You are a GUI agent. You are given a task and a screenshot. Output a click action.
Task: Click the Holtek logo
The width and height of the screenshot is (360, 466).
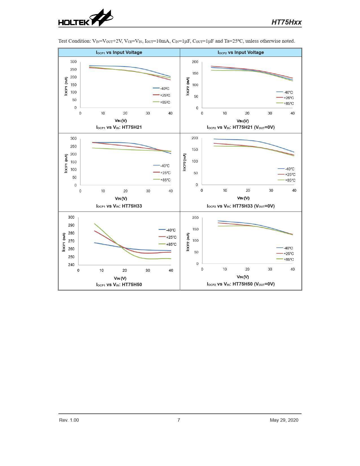click(x=86, y=18)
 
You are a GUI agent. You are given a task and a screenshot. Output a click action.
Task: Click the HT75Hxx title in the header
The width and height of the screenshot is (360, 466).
click(x=286, y=22)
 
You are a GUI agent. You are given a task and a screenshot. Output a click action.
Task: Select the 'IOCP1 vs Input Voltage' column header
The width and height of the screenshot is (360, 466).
click(x=119, y=53)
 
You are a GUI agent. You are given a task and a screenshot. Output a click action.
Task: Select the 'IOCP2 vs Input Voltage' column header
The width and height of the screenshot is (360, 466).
click(x=241, y=53)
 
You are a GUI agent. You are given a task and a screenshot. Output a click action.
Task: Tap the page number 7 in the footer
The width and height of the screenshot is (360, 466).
click(x=179, y=420)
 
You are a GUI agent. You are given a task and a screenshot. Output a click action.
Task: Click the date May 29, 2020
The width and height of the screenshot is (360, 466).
click(x=284, y=420)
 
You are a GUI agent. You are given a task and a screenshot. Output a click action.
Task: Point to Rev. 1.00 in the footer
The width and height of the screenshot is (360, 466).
click(x=69, y=420)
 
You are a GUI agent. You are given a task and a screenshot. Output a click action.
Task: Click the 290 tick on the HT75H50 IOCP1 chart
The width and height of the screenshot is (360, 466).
click(x=71, y=225)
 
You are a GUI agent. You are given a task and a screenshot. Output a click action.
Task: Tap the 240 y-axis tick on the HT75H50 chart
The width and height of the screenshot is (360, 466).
click(x=71, y=265)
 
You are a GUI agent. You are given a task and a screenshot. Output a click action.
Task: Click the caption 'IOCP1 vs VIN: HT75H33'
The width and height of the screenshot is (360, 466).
click(x=119, y=206)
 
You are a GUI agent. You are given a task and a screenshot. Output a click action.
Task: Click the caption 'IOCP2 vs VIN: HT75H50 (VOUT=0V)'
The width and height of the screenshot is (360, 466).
click(x=241, y=284)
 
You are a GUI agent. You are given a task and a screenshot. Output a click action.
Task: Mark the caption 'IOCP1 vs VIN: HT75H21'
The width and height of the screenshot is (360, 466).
click(x=119, y=127)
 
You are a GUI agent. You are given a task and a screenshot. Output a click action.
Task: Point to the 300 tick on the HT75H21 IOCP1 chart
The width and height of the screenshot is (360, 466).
click(x=73, y=62)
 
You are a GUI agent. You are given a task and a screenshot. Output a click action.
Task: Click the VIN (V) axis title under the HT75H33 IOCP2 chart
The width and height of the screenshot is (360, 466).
click(x=243, y=198)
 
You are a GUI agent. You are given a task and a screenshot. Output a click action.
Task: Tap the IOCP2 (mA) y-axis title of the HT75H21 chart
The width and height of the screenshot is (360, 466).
click(x=188, y=86)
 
